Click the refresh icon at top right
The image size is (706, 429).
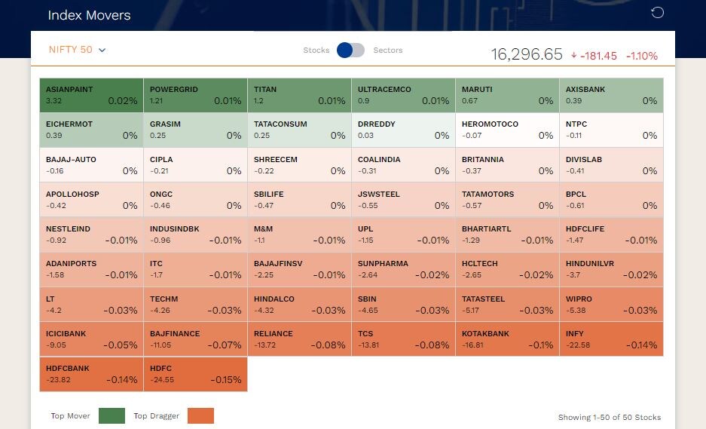tap(657, 13)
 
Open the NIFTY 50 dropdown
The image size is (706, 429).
tap(77, 50)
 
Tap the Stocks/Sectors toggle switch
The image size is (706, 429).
tap(350, 50)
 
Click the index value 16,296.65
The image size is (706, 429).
tap(527, 54)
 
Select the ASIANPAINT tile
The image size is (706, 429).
tap(91, 95)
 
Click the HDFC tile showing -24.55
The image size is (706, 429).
tap(195, 374)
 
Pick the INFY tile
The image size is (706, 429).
tap(611, 339)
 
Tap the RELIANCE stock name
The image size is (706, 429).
tap(273, 333)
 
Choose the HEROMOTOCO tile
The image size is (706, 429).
tap(507, 130)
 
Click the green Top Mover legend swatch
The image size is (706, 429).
tap(112, 415)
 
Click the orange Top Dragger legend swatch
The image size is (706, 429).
tap(201, 415)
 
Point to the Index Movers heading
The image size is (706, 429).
tap(89, 15)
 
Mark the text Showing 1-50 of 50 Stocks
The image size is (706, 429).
tap(609, 417)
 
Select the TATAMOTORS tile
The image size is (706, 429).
tap(507, 200)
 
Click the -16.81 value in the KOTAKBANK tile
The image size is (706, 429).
tap(472, 345)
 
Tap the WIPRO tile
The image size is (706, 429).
tap(611, 304)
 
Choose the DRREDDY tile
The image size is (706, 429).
tap(403, 130)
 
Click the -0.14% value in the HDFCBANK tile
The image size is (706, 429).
tap(121, 380)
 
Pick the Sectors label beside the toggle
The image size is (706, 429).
tap(388, 51)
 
